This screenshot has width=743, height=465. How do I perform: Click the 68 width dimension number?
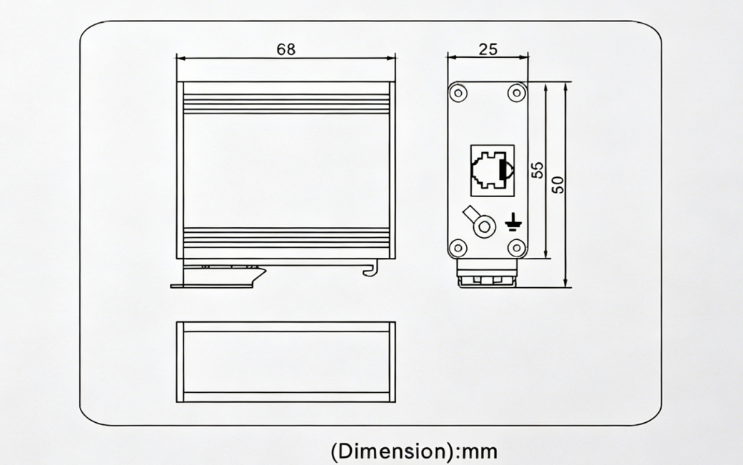[285, 49]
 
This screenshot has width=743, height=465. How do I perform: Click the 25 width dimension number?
[488, 49]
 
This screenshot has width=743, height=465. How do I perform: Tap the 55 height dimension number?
[538, 170]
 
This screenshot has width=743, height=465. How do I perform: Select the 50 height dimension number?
[559, 184]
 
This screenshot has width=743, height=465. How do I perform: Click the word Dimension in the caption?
[393, 451]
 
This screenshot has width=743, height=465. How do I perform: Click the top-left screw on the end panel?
[458, 92]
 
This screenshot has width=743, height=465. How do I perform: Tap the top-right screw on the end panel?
[517, 92]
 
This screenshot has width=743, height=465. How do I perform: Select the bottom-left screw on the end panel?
[458, 247]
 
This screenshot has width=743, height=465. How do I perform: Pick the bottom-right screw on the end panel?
[517, 247]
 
